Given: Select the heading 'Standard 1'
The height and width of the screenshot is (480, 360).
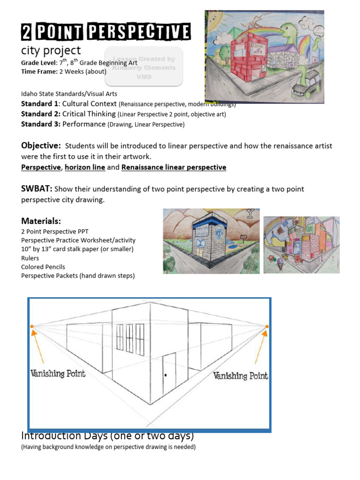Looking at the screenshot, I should (x=40, y=104).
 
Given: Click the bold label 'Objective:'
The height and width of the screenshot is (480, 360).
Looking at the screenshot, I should (x=41, y=146).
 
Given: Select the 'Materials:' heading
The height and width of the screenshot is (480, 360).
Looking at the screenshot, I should (x=41, y=221).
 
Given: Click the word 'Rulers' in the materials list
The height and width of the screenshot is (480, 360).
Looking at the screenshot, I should (x=30, y=258).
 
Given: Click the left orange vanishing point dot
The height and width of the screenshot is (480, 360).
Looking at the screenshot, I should (x=32, y=326).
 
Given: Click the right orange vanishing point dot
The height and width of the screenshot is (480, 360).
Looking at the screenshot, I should (x=267, y=327).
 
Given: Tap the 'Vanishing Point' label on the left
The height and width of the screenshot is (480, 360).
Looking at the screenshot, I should (x=58, y=374).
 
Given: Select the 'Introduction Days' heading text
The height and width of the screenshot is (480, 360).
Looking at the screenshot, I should (x=108, y=435).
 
